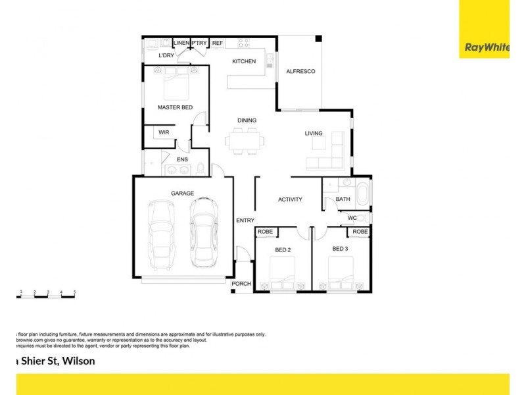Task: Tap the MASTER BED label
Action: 174,107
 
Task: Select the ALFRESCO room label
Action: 300,72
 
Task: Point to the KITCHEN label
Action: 244,62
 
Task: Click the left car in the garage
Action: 161,233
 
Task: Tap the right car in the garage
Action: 203,232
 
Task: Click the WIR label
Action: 163,132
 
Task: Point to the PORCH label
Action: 241,284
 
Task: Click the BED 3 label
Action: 339,249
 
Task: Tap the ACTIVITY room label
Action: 290,199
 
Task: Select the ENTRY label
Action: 245,220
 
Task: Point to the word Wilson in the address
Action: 79,361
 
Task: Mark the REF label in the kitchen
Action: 218,43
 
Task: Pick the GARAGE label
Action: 182,194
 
